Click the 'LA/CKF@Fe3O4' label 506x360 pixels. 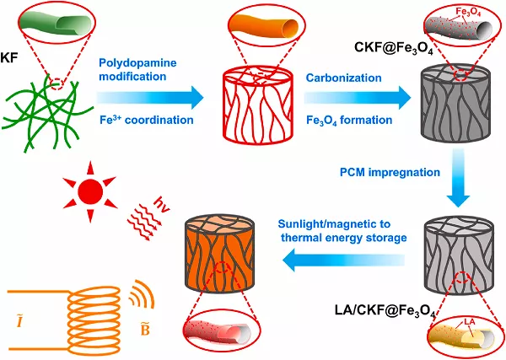(x=385, y=314)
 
